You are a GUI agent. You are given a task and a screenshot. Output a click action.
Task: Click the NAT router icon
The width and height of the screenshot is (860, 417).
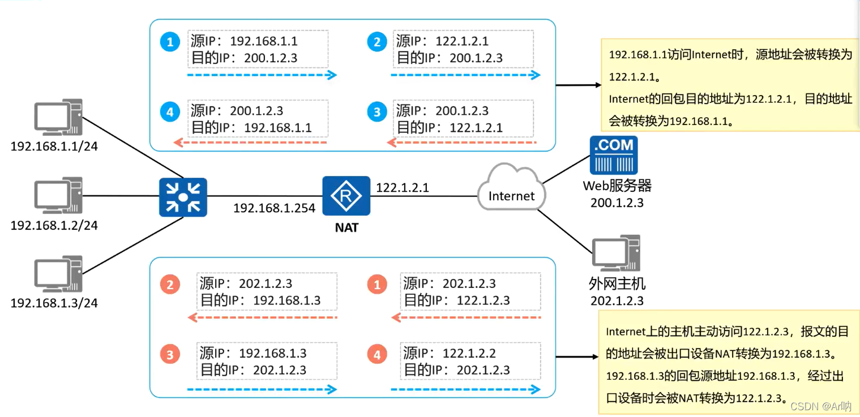coord(346,196)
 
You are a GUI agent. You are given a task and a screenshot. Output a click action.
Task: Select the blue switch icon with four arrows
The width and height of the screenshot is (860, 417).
coord(183,197)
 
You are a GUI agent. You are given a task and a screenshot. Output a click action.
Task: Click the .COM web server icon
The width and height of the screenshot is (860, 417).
coord(613,155)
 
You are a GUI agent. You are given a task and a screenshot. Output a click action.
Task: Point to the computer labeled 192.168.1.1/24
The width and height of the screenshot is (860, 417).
coord(58,118)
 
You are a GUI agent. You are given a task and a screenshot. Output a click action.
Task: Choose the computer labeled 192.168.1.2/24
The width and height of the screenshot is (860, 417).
coord(58,195)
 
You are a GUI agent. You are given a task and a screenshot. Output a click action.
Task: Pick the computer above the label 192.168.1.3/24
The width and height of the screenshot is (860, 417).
coord(58,274)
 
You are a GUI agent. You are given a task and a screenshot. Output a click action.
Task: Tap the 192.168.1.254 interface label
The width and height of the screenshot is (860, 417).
coord(274,209)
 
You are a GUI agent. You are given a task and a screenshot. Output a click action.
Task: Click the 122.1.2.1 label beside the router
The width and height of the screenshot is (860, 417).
coord(403,187)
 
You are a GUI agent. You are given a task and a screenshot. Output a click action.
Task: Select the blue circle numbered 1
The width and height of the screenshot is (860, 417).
coord(169,42)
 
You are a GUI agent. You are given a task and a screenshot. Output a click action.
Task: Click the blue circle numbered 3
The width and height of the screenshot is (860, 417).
coord(377,112)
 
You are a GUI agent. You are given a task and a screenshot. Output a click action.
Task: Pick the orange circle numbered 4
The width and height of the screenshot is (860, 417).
coord(377,355)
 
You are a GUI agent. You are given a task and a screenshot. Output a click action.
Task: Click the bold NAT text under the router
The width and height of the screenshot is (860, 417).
coord(346,228)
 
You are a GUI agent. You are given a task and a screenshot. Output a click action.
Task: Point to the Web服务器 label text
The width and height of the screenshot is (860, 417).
coord(617,186)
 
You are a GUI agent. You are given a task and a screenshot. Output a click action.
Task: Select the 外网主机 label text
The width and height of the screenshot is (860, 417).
coord(617,283)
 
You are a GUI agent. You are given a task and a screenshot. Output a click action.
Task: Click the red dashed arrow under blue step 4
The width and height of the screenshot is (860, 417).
coord(250,142)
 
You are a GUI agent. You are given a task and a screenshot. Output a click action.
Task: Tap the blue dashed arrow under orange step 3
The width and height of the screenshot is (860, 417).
coord(262,389)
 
